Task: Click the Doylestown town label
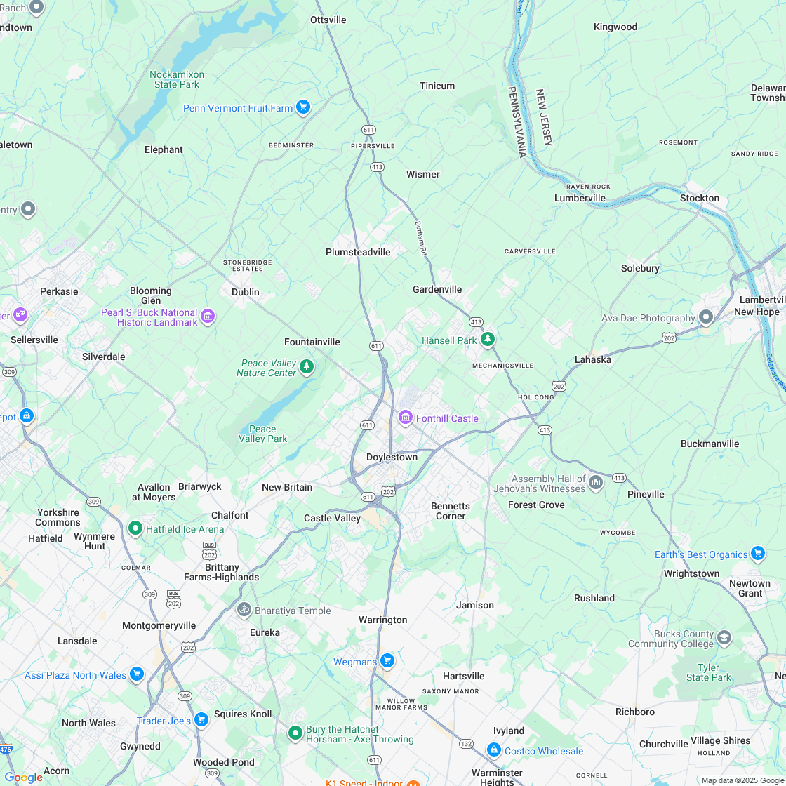coord(392,457)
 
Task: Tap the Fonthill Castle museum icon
coord(405,418)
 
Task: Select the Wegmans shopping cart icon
coord(387,661)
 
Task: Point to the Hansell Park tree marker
coord(488,340)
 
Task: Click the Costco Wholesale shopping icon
coord(493,750)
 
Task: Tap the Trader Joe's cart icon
coord(201,720)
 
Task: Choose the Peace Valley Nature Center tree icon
coord(306,366)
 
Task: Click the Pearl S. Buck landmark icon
coord(207,317)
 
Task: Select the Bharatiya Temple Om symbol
coord(244,610)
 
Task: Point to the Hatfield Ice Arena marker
coord(135,528)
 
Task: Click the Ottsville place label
coord(328,20)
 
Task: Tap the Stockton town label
coord(699,198)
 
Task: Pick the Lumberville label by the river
coord(580,198)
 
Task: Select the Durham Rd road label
coord(420,239)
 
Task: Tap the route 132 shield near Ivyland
coord(466,743)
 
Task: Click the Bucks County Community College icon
coord(724,638)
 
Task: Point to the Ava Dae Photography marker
coord(706,318)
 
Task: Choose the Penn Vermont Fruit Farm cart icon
coord(302,107)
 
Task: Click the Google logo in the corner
coord(23,777)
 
